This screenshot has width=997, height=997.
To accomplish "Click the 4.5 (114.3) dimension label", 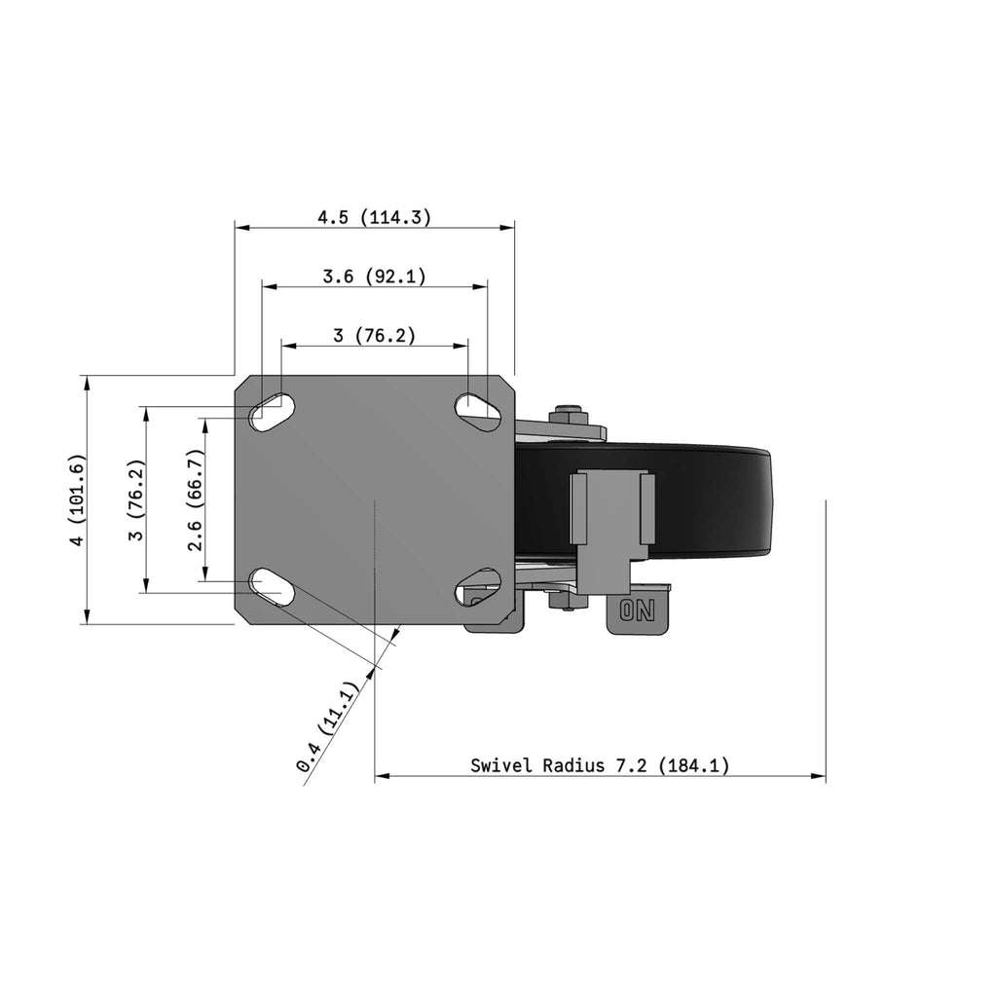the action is tap(375, 217).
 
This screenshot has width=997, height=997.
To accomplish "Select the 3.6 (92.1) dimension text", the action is tap(375, 277).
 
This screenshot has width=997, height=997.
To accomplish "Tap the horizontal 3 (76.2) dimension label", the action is tap(375, 335).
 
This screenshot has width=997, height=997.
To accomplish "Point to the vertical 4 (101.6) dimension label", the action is tap(76, 499).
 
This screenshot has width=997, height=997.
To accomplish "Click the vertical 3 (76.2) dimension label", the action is tap(136, 499).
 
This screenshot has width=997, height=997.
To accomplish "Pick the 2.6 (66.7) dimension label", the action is tap(195, 499).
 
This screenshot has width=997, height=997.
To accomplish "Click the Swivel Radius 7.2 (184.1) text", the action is tap(600, 765).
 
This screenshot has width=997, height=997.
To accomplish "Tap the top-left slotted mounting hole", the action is tap(273, 413).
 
